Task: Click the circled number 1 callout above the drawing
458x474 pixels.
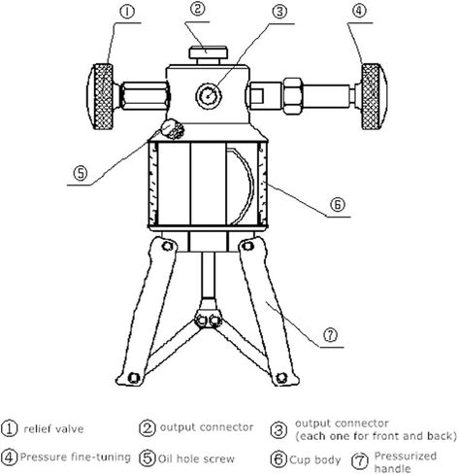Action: coord(127,12)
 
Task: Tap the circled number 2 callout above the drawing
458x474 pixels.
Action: coord(197,9)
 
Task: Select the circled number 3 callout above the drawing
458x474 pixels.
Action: coord(279,12)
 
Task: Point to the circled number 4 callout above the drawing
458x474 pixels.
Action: coord(359,11)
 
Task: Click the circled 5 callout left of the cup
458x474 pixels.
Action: coord(81,173)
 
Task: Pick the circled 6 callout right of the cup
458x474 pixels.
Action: coord(338,204)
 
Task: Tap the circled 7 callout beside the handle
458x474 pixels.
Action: coord(330,335)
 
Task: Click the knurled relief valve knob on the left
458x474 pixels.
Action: coord(101,96)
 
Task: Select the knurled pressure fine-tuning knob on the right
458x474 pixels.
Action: coord(374,96)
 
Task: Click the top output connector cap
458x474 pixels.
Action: coord(209,52)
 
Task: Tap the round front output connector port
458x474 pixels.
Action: coord(209,95)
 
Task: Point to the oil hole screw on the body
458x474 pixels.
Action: coord(173,129)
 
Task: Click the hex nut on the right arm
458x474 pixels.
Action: coord(293,96)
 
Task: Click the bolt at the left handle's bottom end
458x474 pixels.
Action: coord(134,378)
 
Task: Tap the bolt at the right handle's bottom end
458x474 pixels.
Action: coord(280,378)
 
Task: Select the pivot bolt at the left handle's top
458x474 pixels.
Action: coord(168,246)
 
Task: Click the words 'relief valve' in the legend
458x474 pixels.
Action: coord(53,429)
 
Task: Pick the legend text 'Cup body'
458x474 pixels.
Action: coord(315,459)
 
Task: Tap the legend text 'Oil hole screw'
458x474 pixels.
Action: coord(196,458)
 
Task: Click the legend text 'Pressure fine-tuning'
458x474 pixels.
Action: coord(76,457)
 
